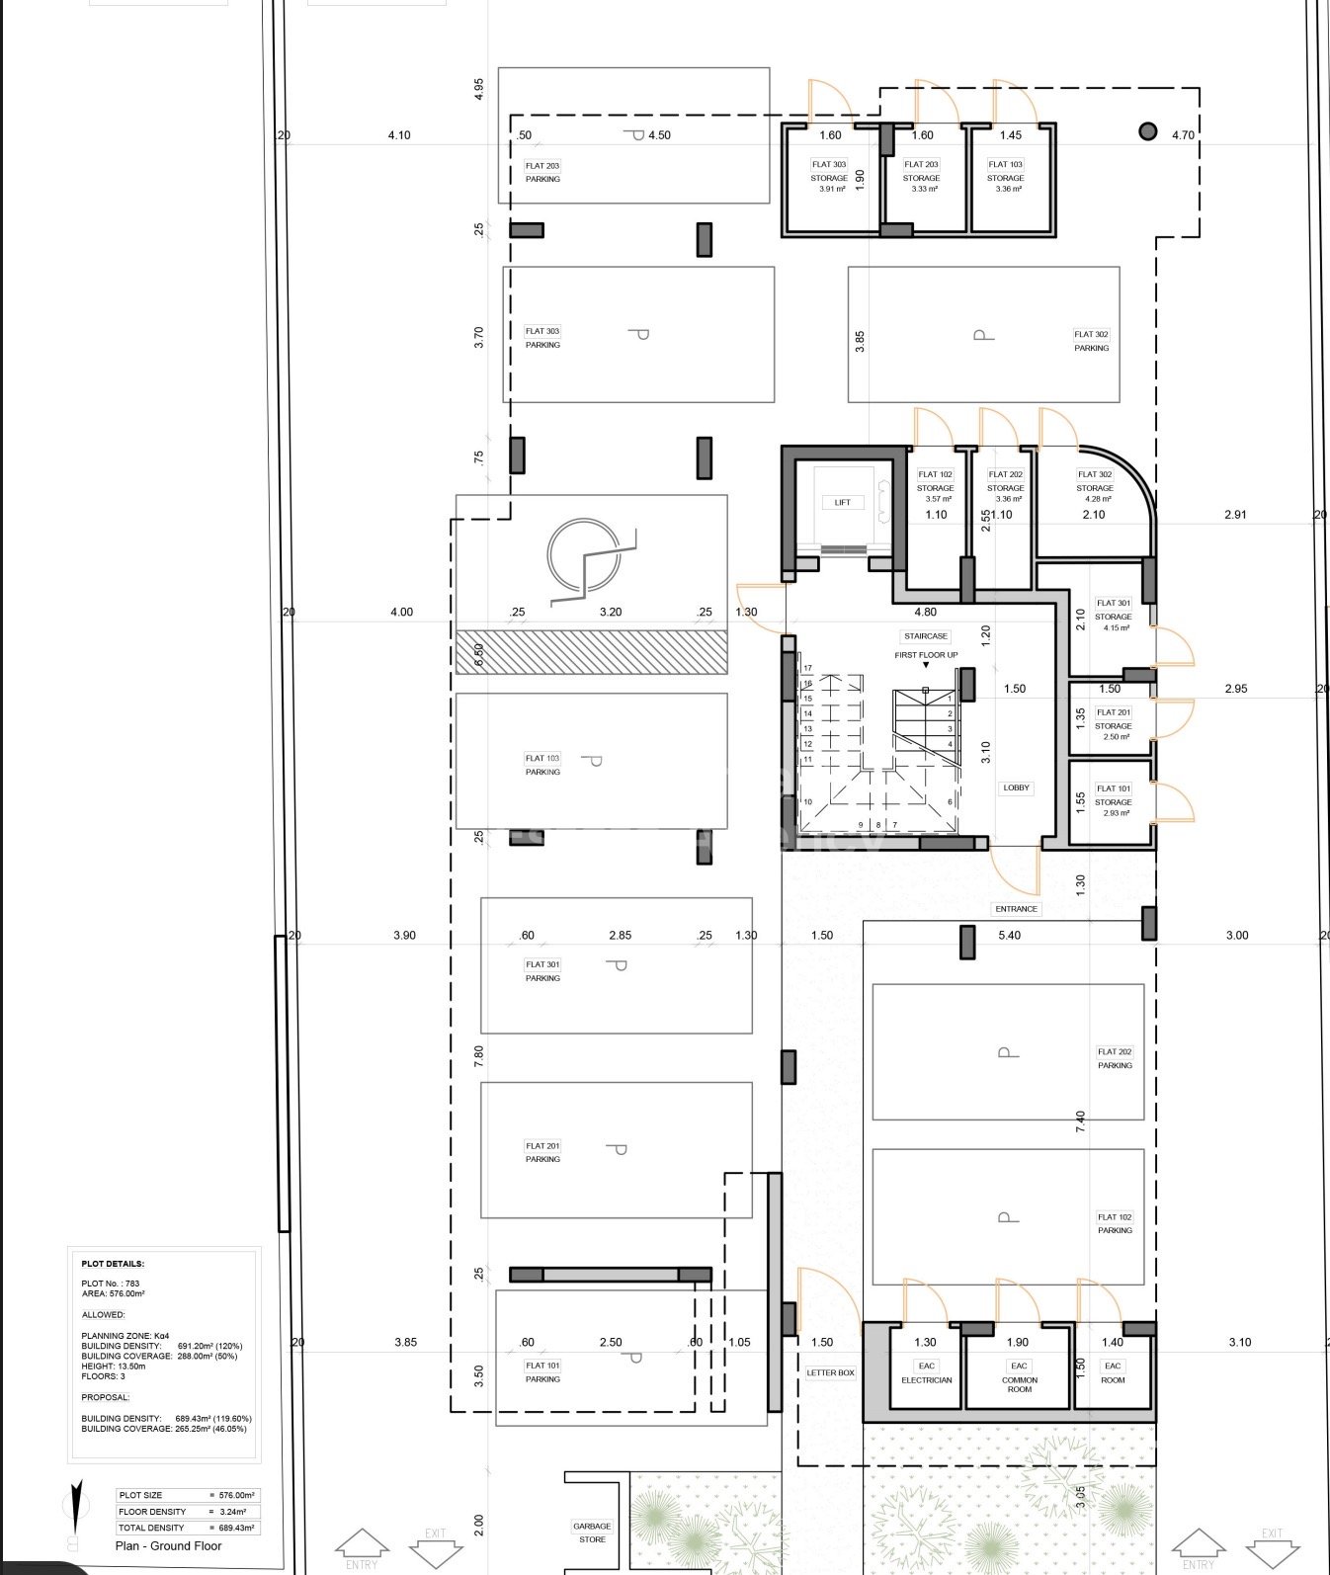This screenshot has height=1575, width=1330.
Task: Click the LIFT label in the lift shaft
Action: coord(842,502)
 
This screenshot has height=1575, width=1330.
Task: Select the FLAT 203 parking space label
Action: coord(542,172)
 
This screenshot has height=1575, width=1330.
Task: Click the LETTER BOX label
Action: coord(830,1372)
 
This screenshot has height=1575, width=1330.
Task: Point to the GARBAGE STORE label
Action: coord(592,1533)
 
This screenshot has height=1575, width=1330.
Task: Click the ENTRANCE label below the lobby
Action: coord(1016,908)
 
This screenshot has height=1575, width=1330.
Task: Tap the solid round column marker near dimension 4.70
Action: coord(1147,130)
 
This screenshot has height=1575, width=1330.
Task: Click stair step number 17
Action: coord(807,669)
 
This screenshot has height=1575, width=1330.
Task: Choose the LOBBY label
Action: coord(1016,787)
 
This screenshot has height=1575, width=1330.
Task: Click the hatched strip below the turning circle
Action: coord(591,652)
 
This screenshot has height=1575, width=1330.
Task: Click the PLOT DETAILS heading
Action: coord(113,1263)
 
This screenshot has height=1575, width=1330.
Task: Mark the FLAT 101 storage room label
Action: coord(1113,800)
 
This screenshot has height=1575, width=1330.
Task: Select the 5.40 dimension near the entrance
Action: coord(1009,935)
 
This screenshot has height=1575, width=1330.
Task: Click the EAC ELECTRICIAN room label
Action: coord(926,1372)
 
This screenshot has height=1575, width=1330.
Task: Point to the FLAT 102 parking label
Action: coord(1115,1223)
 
